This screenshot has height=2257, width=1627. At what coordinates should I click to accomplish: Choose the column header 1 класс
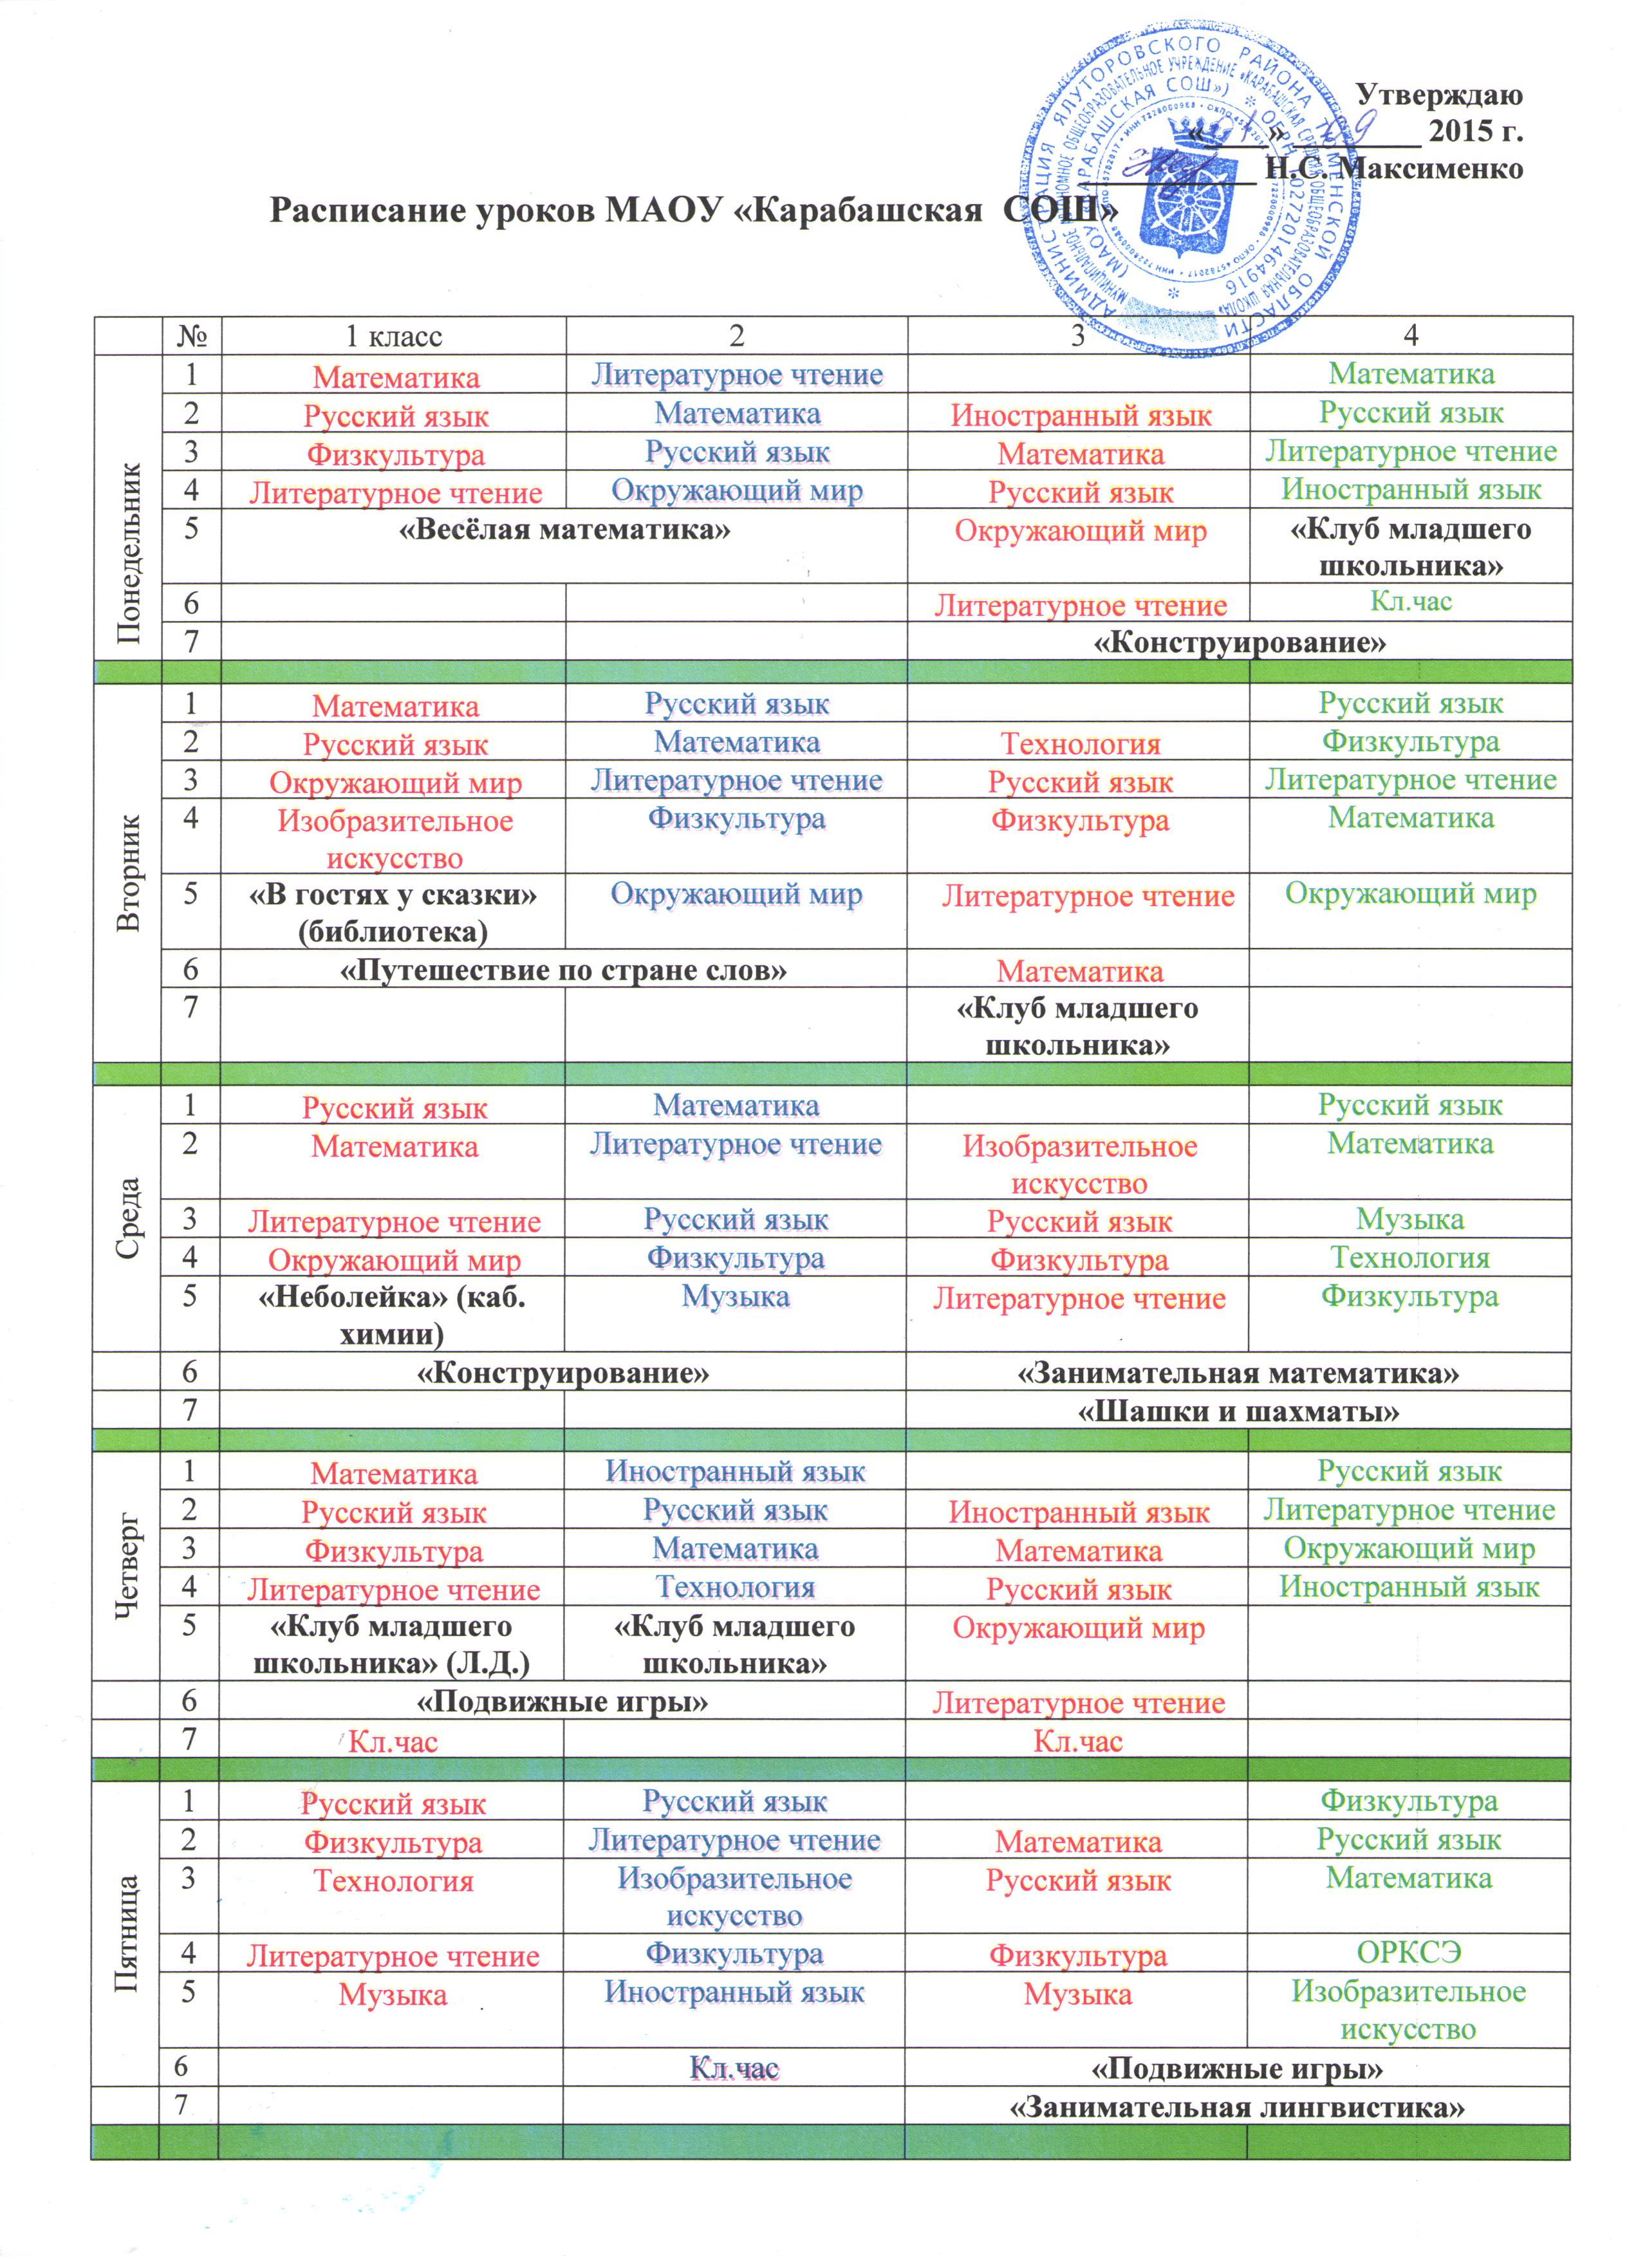pos(393,337)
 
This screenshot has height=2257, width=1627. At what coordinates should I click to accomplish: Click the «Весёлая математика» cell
pos(564,530)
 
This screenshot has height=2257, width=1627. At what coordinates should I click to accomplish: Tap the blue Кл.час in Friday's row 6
pos(734,2069)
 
